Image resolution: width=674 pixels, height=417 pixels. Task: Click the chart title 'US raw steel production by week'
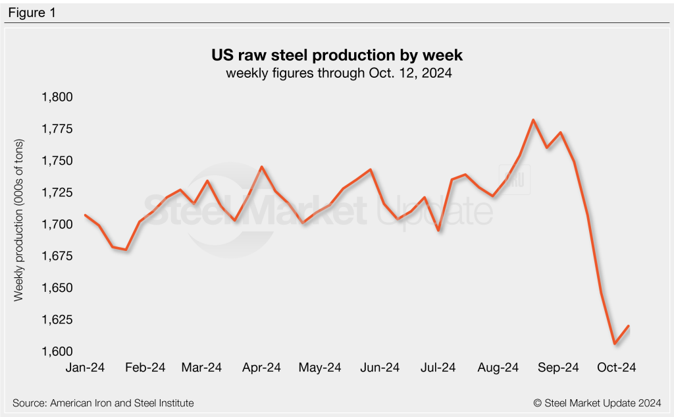(338, 55)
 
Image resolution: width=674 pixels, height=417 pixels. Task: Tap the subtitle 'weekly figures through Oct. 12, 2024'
(338, 73)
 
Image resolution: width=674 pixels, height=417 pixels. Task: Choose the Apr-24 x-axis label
(261, 368)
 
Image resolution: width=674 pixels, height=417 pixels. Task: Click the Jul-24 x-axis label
(438, 368)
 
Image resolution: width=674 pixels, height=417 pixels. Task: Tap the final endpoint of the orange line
(629, 326)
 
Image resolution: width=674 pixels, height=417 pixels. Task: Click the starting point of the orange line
(86, 215)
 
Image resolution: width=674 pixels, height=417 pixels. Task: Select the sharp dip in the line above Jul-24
(438, 231)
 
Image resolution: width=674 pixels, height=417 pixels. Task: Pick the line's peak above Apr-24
(262, 167)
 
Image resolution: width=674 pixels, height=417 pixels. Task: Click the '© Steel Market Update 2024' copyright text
(598, 403)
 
